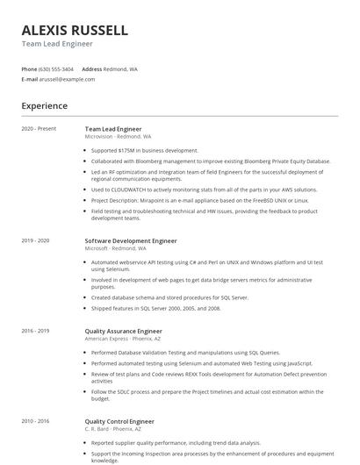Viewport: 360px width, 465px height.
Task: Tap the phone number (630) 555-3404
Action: (x=56, y=68)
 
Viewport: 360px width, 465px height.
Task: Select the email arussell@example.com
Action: (x=67, y=79)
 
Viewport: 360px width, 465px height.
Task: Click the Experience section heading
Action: (x=44, y=106)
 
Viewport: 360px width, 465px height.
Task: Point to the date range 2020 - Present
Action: (x=39, y=129)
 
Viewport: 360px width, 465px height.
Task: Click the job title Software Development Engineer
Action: (x=131, y=240)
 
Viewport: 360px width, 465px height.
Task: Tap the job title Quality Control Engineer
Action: (x=119, y=421)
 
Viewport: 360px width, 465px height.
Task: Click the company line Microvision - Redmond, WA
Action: (x=118, y=137)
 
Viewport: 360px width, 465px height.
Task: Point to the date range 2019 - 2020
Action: (x=35, y=240)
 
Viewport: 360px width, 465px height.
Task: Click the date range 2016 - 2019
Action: (x=35, y=331)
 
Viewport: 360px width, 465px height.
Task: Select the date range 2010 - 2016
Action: (x=35, y=421)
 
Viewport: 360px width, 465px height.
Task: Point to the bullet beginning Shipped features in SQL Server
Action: (x=155, y=309)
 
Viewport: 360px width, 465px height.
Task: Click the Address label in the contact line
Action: (x=91, y=68)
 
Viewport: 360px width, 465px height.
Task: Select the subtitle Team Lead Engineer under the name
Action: (x=57, y=44)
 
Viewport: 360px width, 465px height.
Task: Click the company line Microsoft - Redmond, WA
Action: (x=115, y=248)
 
